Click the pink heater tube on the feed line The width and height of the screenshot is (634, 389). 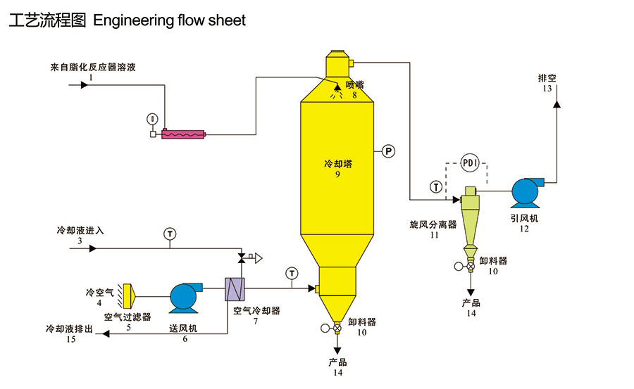click(x=182, y=134)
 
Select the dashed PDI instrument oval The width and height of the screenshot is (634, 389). click(x=470, y=163)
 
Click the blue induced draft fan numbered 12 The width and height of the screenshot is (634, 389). click(x=526, y=191)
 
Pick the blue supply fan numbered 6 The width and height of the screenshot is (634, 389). click(x=184, y=297)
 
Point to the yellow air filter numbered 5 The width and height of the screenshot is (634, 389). click(x=129, y=295)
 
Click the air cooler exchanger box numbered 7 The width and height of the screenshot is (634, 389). click(x=232, y=289)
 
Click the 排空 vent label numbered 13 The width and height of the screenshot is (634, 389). click(x=547, y=78)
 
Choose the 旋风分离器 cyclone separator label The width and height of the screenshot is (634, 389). click(x=433, y=225)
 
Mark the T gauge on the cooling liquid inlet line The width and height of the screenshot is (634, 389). click(x=169, y=233)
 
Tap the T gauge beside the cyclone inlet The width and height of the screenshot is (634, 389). click(x=437, y=187)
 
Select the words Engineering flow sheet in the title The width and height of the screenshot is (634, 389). click(x=169, y=20)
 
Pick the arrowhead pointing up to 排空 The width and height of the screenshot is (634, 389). click(x=556, y=104)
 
